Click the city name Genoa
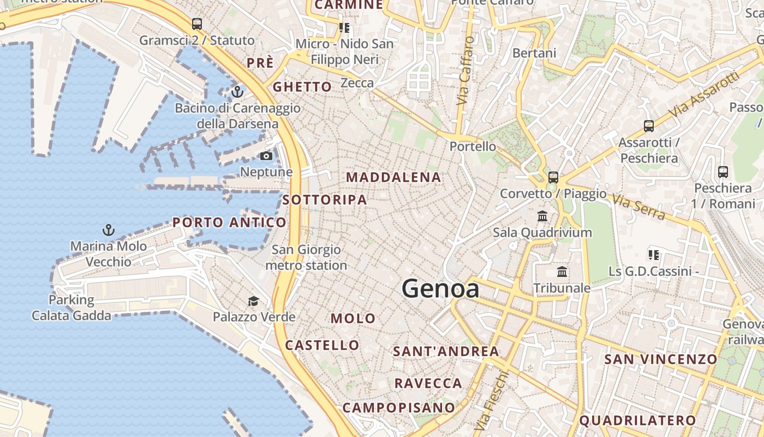[x=440, y=289]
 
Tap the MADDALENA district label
[x=393, y=177]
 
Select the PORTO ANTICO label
[x=229, y=222]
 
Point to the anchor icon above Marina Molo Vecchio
[x=109, y=230]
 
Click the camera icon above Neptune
[x=266, y=156]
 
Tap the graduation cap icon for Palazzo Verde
[x=253, y=301]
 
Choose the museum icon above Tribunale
[x=562, y=271]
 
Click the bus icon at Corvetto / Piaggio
[x=553, y=178]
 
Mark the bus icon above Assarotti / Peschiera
[x=648, y=126]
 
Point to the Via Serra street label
[x=638, y=207]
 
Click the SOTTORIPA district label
[x=325, y=200]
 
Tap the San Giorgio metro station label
[x=306, y=257]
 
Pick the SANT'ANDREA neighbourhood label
[x=446, y=351]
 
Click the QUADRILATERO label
[x=637, y=421]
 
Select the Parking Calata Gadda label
[x=71, y=308]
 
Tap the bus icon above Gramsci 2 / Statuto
[x=197, y=24]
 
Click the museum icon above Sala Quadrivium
[x=542, y=216]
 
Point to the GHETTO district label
[x=302, y=87]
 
